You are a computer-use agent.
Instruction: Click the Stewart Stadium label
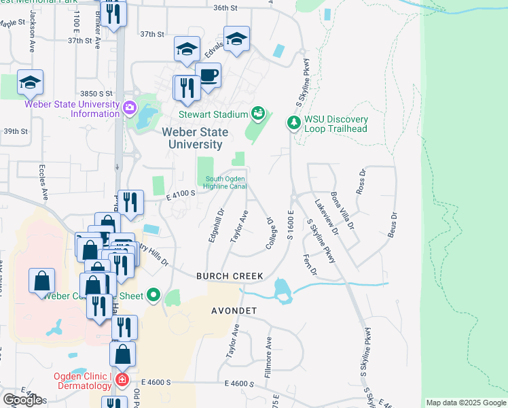point(212,115)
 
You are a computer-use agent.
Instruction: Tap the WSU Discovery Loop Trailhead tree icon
point(293,122)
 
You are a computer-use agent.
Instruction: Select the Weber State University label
point(196,138)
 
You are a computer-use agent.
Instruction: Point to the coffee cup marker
point(208,74)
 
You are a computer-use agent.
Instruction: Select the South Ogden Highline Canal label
point(225,183)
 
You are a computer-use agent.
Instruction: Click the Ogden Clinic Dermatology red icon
point(122,379)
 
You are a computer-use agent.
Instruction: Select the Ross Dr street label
point(361,182)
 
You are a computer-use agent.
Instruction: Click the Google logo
point(22,400)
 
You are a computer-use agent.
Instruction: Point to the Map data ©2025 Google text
point(465,403)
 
